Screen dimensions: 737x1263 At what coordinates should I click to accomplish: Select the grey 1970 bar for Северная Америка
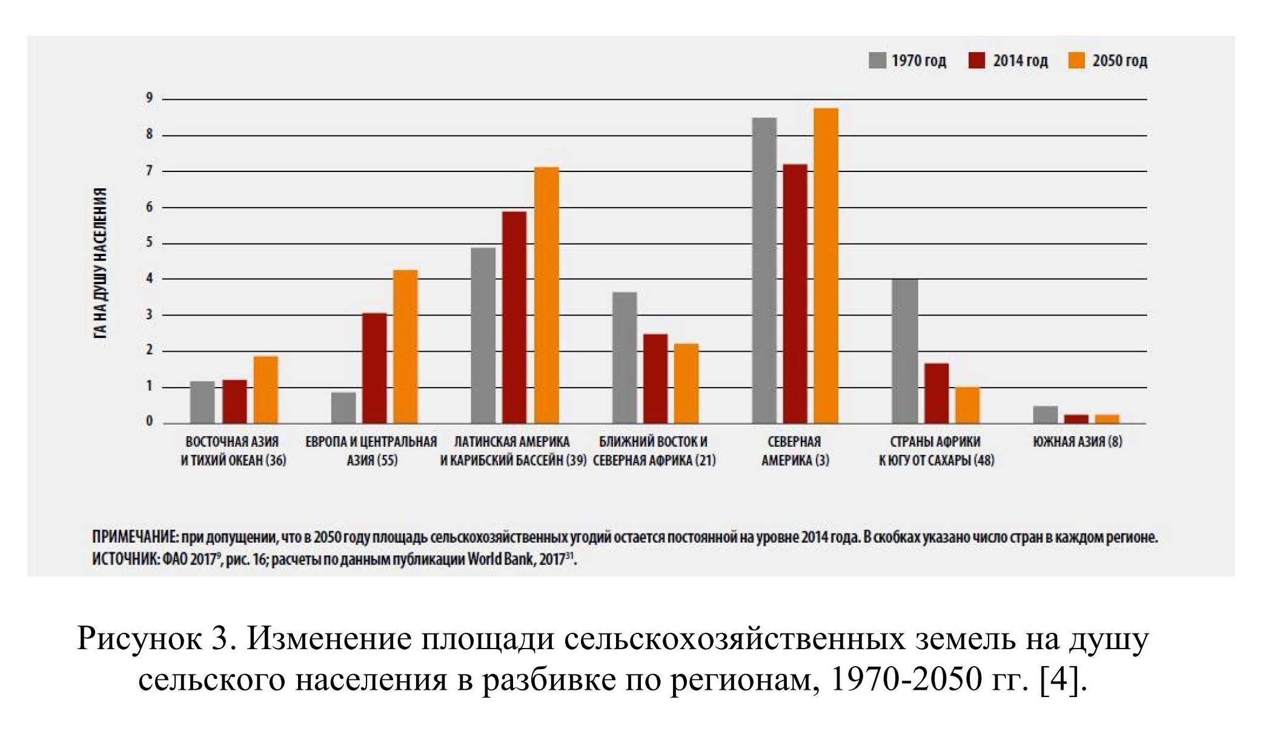[764, 270]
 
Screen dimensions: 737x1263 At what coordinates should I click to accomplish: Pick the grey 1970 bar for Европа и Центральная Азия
[343, 408]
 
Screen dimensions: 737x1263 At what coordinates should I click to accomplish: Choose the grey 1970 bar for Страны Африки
[906, 351]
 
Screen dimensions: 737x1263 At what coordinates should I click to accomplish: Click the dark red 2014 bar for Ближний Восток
[655, 378]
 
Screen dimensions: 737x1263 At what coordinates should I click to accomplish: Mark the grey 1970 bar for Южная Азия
[1045, 415]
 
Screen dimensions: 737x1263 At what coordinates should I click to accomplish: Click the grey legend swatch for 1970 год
[877, 61]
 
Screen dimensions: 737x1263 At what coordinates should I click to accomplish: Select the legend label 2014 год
[1020, 61]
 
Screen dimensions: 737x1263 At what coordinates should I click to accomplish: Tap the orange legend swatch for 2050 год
[1076, 61]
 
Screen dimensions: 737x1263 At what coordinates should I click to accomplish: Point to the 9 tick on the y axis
[149, 99]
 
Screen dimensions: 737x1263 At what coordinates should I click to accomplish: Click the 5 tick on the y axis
[149, 243]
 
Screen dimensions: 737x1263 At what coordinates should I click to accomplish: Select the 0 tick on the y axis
[149, 422]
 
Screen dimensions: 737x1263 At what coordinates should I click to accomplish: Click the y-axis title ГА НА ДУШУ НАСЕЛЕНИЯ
[101, 263]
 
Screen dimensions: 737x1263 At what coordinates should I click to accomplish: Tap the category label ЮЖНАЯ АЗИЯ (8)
[1078, 441]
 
